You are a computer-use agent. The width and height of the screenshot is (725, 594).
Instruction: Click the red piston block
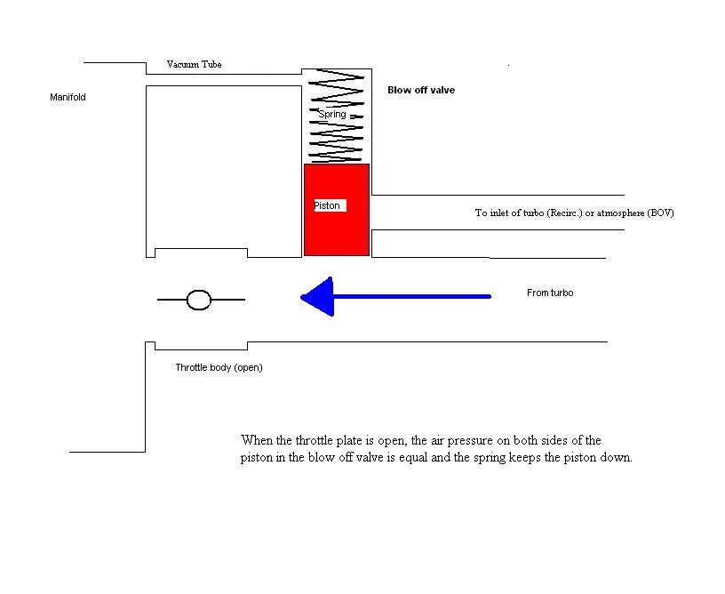coord(337,231)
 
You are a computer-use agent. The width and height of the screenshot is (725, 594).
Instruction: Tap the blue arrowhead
coord(318,296)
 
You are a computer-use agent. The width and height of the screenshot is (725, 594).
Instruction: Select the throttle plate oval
coord(199,301)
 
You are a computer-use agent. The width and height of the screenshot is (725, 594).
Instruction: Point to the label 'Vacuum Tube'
coord(194,65)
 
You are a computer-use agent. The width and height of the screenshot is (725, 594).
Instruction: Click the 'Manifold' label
coord(68,97)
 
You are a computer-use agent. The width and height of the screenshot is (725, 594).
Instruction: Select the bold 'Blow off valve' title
coord(421,90)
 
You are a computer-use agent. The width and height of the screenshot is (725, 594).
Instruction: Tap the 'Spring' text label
coord(332,114)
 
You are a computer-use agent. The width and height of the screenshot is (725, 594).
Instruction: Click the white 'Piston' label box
coord(327,205)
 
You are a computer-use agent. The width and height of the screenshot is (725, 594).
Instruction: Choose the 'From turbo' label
coord(550,293)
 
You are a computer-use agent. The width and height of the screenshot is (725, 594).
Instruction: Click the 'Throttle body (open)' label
coord(219,367)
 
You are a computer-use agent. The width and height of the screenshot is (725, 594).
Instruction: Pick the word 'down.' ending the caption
coord(615,458)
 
